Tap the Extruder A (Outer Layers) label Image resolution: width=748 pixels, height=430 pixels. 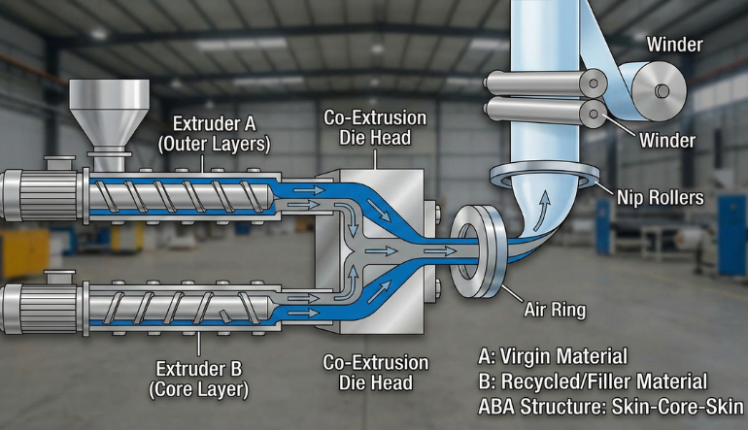point(214,134)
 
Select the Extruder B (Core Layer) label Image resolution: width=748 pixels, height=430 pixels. point(199,379)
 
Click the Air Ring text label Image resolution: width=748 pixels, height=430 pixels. point(555,310)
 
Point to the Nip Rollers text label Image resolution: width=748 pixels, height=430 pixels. point(661,197)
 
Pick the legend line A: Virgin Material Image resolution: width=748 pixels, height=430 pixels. point(553,356)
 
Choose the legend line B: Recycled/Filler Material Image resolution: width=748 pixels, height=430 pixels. point(593,381)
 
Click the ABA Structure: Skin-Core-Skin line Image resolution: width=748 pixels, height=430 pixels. point(611,407)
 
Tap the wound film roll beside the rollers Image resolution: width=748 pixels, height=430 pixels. point(659,89)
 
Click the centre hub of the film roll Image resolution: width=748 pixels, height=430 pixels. point(662,90)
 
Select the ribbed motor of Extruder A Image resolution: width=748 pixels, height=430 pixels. point(42,195)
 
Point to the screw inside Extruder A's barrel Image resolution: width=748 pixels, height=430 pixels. point(179,196)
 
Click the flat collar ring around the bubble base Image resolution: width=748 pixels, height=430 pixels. point(545,177)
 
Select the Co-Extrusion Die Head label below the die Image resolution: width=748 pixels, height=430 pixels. point(375,373)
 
